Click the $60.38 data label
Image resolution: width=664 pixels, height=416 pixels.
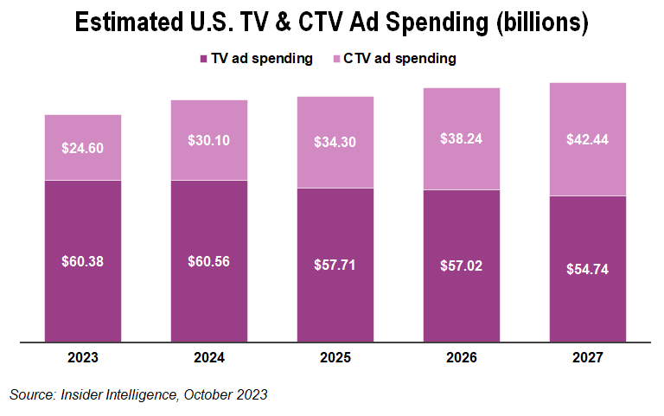[82, 262]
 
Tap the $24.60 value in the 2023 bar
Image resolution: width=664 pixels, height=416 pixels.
[82, 148]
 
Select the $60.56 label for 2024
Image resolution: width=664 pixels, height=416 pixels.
[208, 262]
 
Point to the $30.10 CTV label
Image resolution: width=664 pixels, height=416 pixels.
[208, 140]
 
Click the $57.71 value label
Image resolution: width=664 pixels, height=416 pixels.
[335, 266]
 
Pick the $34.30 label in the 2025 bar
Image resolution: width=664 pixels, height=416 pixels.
[335, 143]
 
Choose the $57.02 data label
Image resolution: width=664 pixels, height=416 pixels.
[461, 266]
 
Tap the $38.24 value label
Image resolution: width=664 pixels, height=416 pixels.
[461, 138]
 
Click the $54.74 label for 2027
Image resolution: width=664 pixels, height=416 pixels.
[587, 269]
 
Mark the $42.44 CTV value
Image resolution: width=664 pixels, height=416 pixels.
[587, 139]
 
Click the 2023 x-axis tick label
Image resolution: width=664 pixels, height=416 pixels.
[82, 356]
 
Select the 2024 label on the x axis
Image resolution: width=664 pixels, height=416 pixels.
[208, 356]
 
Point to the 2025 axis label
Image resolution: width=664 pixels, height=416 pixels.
[335, 356]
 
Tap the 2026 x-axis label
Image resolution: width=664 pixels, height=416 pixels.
[461, 356]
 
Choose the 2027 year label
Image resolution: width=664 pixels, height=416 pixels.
[587, 356]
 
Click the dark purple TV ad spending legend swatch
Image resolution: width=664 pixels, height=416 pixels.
[203, 59]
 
